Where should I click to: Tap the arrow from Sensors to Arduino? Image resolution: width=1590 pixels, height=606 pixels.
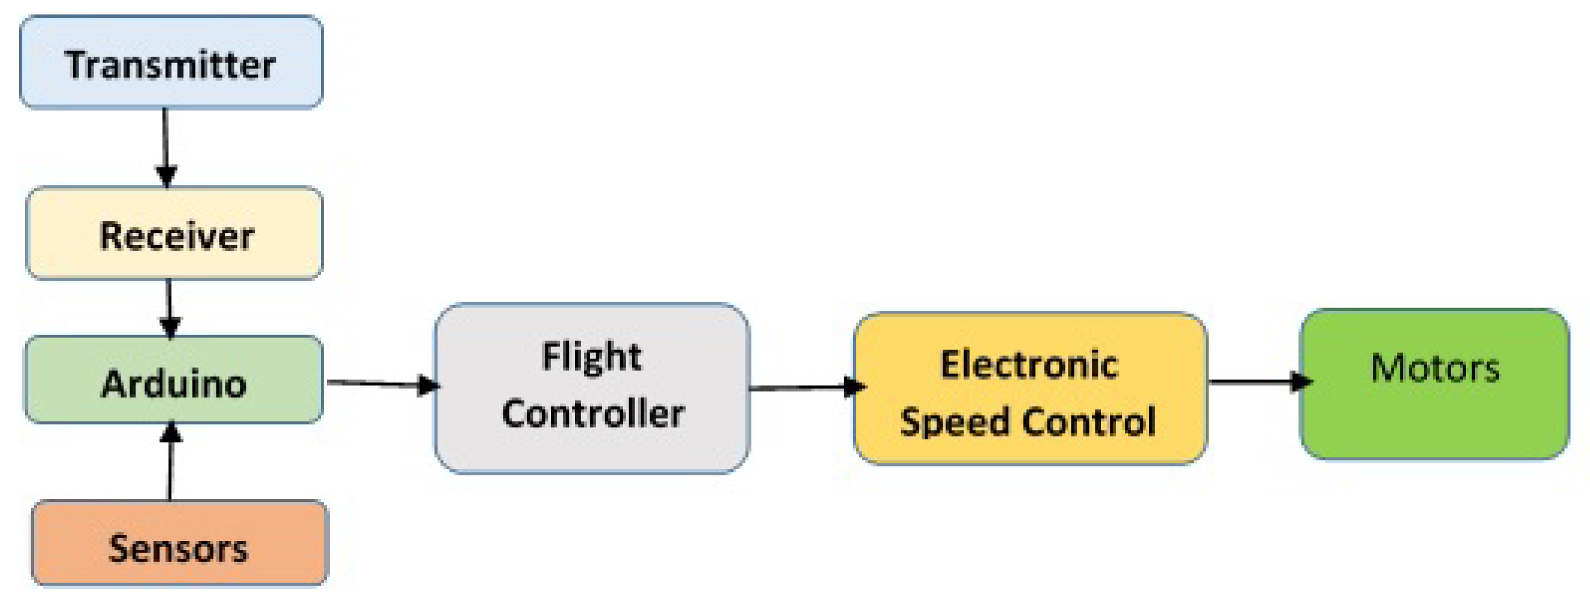170,463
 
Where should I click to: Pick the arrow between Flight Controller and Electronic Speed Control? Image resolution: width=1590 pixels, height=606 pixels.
803,388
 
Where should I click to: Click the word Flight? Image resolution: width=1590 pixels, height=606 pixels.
591,357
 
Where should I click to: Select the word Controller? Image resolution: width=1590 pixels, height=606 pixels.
592,414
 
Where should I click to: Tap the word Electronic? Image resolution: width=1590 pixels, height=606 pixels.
1029,364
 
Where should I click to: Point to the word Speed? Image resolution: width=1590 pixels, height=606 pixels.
954,423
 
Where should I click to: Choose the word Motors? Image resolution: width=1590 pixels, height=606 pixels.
1434,368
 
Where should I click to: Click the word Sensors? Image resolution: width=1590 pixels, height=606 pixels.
178,548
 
